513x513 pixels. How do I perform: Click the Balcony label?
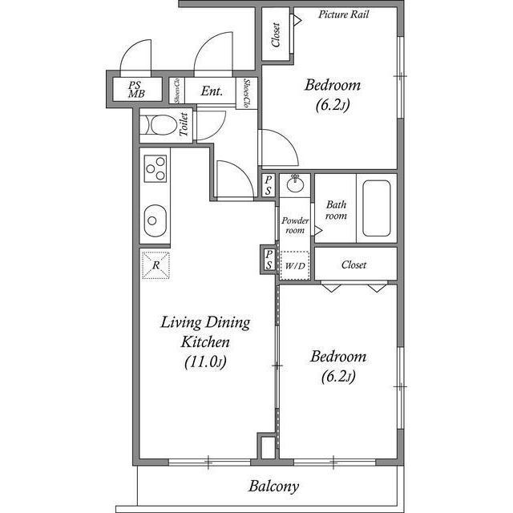[273, 487]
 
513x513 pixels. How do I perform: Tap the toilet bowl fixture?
[160, 125]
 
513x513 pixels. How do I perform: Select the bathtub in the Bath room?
[377, 208]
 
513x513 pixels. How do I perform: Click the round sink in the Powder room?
[295, 184]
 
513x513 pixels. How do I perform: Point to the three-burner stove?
[156, 168]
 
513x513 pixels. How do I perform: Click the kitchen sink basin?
[155, 220]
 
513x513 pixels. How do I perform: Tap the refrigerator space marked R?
[156, 265]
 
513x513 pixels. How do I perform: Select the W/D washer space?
[295, 265]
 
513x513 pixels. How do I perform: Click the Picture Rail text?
[344, 14]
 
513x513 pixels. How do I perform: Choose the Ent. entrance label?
[212, 91]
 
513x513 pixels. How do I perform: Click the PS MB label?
[136, 90]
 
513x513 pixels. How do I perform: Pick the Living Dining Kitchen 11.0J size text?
[205, 362]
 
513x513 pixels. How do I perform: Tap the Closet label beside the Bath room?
[353, 265]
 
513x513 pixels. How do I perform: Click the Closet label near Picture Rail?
[276, 34]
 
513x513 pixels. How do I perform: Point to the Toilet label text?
[184, 125]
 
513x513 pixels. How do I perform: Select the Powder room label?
[295, 225]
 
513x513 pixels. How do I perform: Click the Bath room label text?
[336, 210]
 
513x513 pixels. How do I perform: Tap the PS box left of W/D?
[269, 260]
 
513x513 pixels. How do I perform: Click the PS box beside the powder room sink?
[269, 185]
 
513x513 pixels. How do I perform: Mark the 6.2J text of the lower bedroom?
[338, 377]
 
